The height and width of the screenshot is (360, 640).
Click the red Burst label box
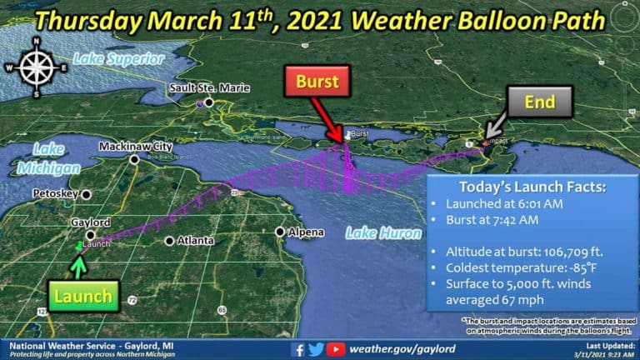317,82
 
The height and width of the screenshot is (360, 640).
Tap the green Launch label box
82,296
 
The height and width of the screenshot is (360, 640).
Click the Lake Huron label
383,233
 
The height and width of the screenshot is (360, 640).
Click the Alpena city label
305,232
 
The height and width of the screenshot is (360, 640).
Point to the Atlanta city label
196,241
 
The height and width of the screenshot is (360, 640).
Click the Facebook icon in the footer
297,349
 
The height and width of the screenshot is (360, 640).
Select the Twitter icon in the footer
316,349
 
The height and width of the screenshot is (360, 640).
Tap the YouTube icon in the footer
335,349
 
